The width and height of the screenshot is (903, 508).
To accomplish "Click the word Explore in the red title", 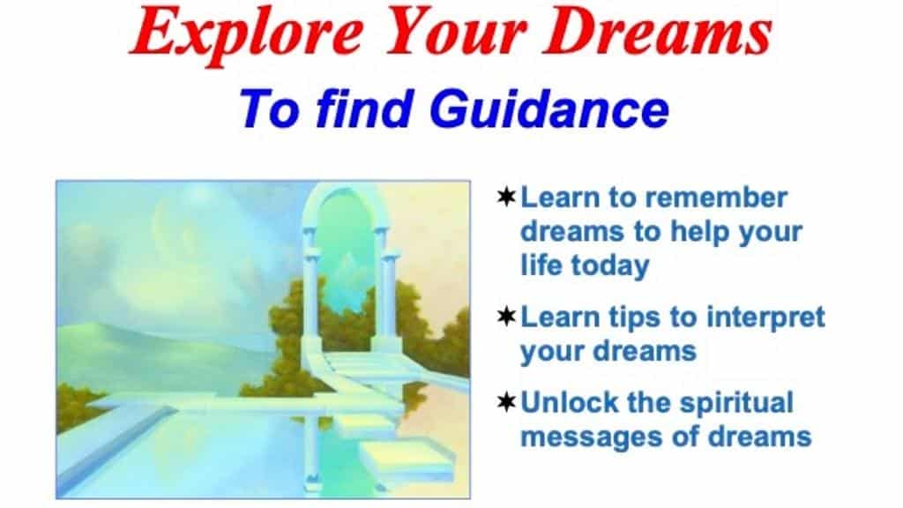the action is click(248, 34).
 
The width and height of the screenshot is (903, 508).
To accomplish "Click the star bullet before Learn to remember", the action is click(506, 197).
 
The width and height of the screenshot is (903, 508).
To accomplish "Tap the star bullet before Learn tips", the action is click(506, 317).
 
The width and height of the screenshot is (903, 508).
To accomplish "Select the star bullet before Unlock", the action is click(506, 402).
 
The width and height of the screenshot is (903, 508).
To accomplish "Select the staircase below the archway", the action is click(358, 362).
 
